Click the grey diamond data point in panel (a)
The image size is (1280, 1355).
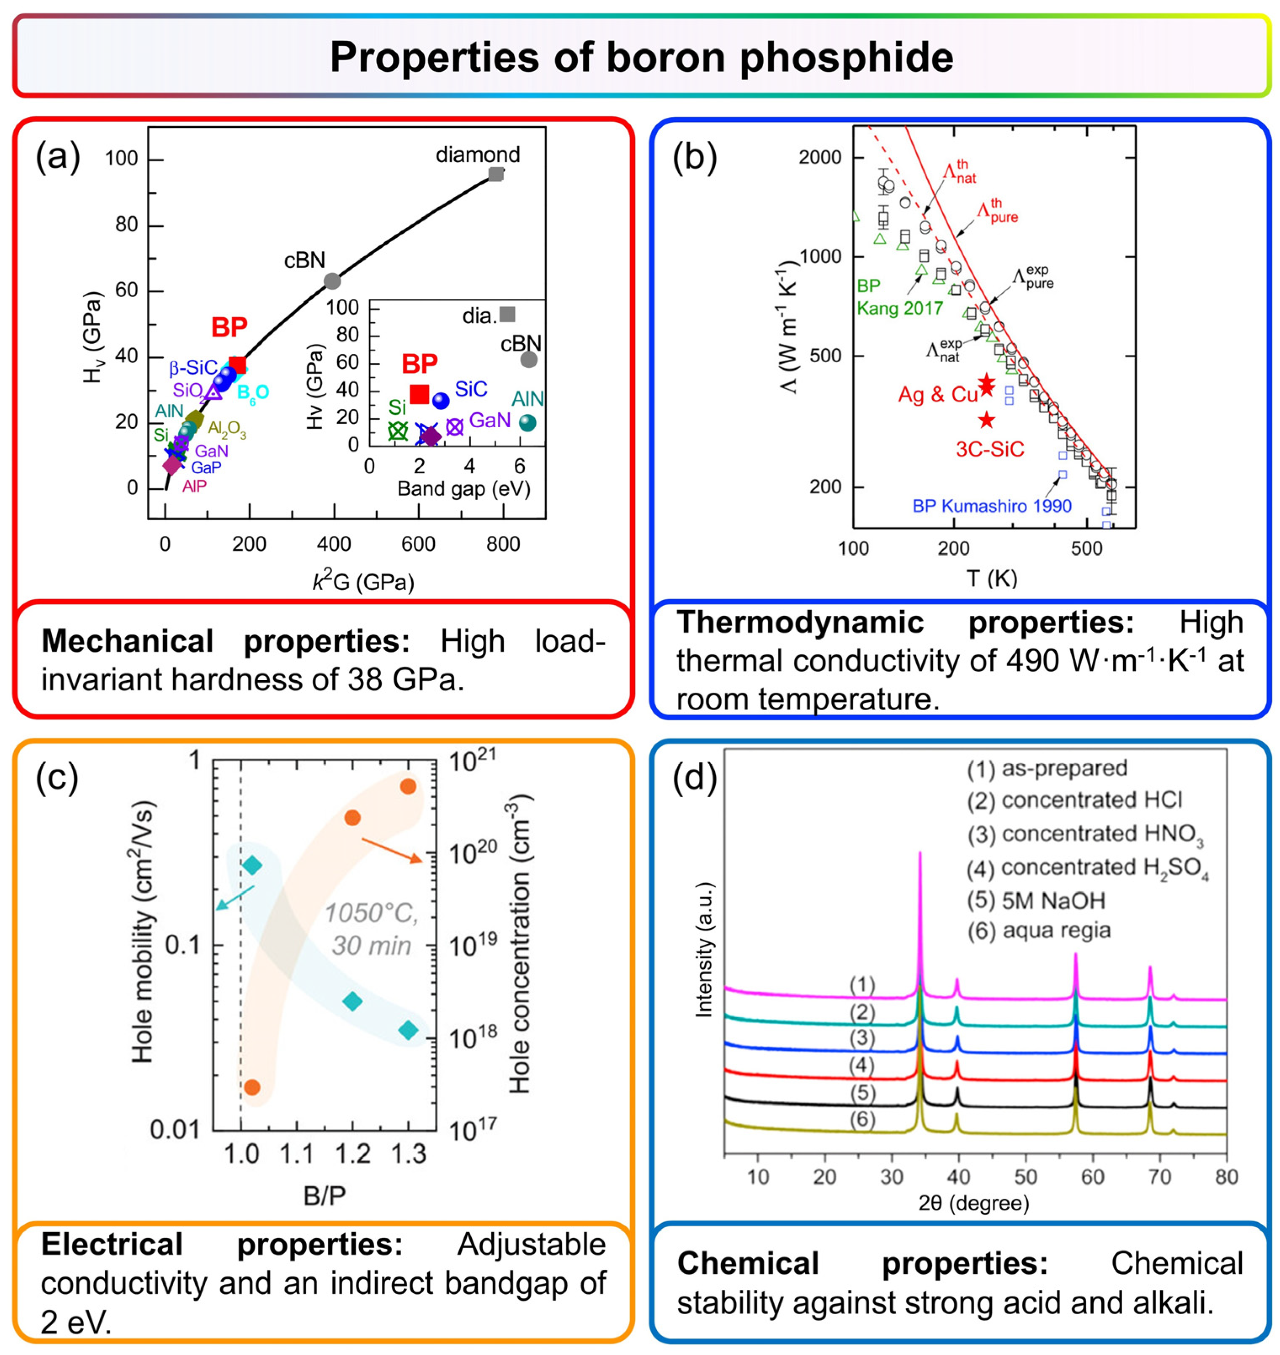(496, 174)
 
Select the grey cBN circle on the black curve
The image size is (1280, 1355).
(332, 281)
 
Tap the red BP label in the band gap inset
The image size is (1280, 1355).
(419, 364)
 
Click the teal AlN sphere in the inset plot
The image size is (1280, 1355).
(527, 423)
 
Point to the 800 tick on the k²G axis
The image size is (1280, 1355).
(503, 543)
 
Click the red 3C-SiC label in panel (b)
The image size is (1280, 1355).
(989, 449)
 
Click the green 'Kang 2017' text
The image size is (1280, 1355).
(899, 308)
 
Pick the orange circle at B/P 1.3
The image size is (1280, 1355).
(408, 786)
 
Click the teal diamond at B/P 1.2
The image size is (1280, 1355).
(352, 1002)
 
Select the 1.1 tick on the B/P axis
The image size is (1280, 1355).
(297, 1154)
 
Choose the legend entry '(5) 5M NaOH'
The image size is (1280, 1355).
(1036, 900)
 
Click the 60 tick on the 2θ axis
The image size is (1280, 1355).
(1092, 1176)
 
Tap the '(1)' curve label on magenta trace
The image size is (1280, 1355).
(862, 985)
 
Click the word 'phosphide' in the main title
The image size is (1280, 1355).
(846, 57)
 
